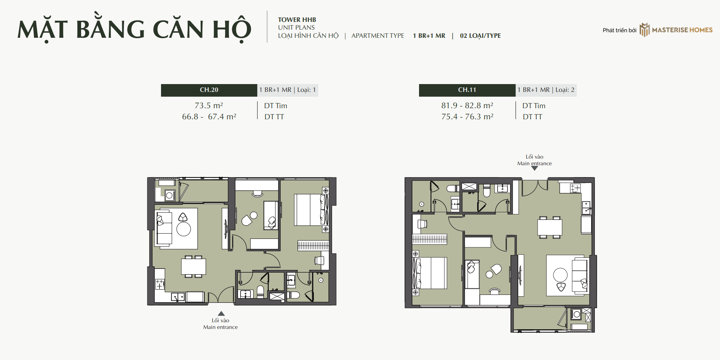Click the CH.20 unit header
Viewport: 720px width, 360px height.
209,90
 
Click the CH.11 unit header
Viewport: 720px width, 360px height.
467,90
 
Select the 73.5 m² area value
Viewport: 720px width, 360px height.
209,106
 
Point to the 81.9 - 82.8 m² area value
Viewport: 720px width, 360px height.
467,106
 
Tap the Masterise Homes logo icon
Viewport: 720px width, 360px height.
644,30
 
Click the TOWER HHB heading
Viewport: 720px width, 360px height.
297,20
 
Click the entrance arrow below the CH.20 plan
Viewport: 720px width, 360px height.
221,313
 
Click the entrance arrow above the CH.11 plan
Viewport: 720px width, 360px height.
535,168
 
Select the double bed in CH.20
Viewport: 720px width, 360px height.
311,210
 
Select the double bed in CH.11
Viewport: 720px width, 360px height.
430,273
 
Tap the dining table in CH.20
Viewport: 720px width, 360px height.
193,266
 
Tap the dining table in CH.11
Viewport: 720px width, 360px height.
550,227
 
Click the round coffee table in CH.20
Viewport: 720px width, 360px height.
184,229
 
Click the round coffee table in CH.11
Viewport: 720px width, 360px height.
560,275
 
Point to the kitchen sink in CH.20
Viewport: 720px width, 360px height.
178,297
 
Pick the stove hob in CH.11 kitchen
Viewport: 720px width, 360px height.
575,188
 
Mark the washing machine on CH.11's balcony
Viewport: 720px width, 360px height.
576,314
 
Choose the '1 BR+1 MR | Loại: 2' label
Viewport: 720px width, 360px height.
546,90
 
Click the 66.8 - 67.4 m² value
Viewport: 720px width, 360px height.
209,117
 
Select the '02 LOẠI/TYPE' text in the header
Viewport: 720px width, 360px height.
480,36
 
